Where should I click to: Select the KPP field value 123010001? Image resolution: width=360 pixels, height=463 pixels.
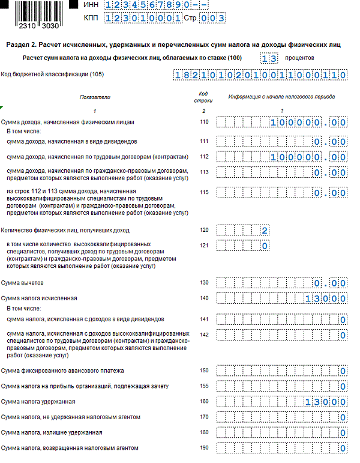pos(143,18)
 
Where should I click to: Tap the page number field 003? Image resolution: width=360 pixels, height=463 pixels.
pos(213,18)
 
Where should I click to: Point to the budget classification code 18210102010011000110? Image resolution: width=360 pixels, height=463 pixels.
pos(260,75)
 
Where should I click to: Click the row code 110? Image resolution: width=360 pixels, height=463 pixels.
pos(203,122)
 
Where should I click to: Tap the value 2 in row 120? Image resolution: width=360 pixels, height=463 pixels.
pos(264,230)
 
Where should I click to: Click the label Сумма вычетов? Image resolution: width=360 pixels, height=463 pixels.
pos(22,283)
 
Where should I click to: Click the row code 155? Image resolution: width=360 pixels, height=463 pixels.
pos(203,386)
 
